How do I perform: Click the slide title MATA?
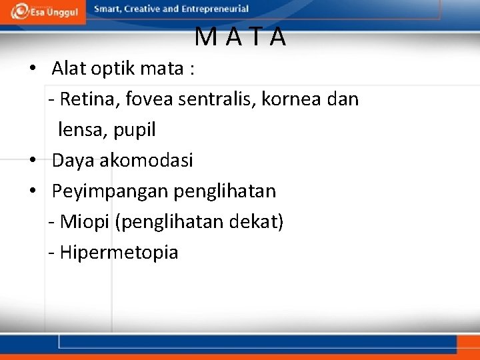(x=241, y=37)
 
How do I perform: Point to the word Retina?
(x=85, y=99)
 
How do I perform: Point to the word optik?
(x=111, y=69)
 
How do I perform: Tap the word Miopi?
(x=85, y=222)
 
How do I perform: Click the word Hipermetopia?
(x=119, y=253)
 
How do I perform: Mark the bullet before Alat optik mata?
(x=31, y=69)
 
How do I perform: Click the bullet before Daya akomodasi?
(x=31, y=161)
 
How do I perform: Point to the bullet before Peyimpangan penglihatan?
(x=31, y=191)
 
